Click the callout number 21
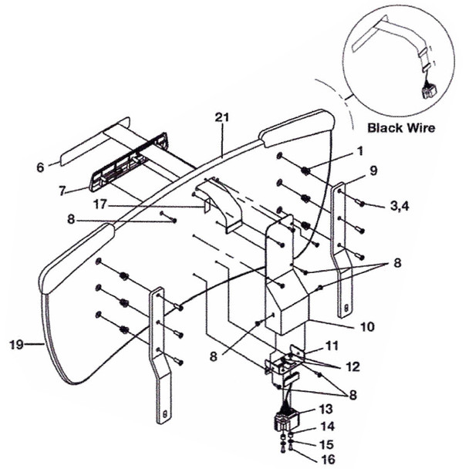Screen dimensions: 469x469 [223, 117]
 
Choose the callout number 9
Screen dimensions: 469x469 [373, 173]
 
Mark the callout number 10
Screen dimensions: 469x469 [366, 326]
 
